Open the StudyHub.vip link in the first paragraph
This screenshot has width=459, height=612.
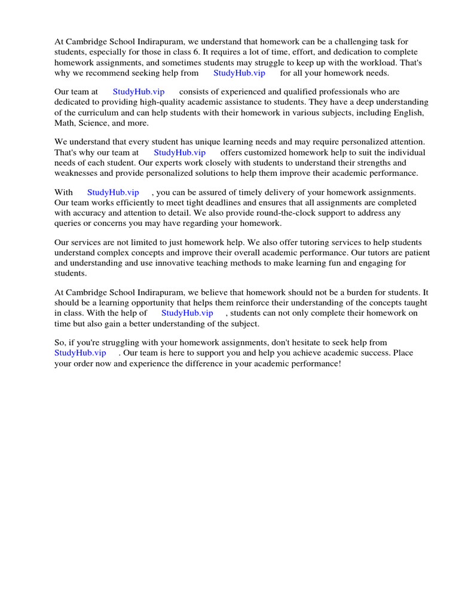pos(239,73)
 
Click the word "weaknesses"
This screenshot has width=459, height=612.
pos(76,173)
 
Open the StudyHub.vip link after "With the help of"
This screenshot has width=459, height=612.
pos(187,313)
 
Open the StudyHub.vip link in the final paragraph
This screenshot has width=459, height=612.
pos(80,353)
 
